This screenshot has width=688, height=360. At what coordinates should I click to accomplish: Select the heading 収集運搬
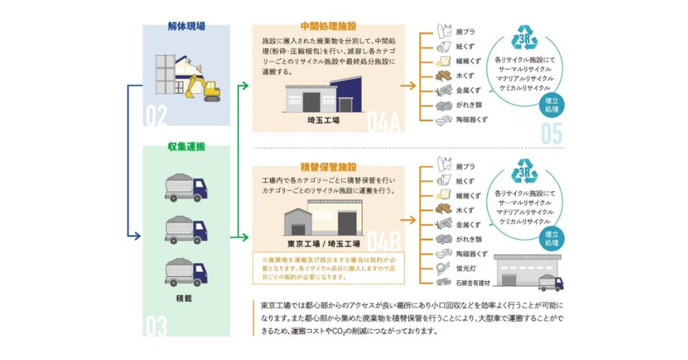click(186, 146)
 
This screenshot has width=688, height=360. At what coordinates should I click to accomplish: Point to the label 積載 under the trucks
click(186, 295)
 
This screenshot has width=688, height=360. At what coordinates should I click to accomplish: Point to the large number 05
click(556, 133)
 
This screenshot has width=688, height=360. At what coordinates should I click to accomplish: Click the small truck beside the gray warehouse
click(550, 281)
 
